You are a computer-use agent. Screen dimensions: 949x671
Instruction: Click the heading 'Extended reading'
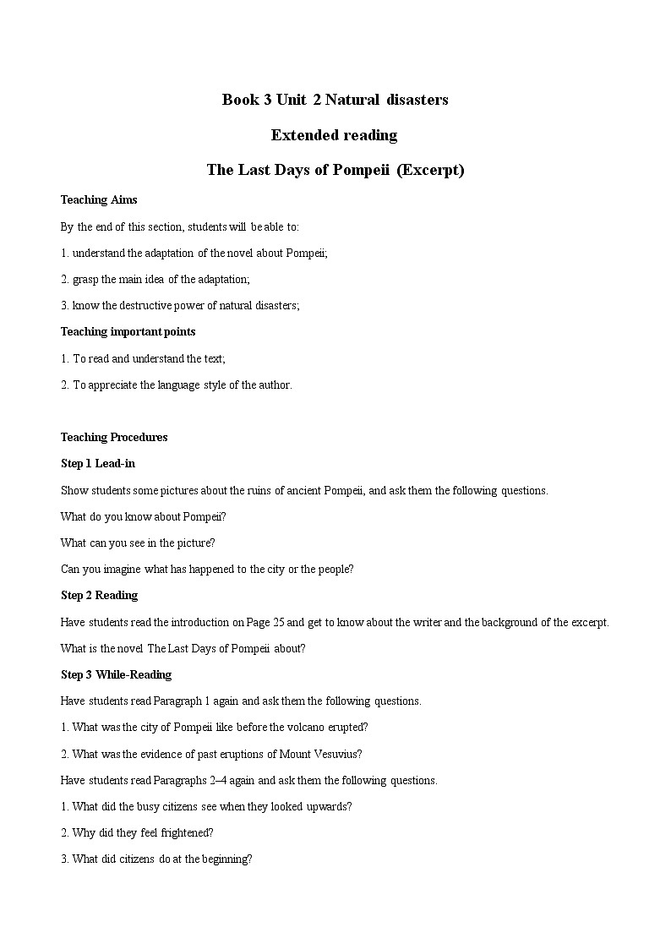[334, 135]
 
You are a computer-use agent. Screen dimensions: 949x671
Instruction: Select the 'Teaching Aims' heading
[99, 200]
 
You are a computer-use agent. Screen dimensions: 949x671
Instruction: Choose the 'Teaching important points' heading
[128, 332]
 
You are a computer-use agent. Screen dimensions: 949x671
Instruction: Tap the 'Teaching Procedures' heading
[114, 438]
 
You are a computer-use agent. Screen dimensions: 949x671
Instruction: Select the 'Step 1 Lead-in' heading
[98, 464]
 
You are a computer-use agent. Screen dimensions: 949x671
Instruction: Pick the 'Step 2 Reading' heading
[99, 596]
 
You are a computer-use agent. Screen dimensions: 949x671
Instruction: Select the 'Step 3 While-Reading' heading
[116, 674]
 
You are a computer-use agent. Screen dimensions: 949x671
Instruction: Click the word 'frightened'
[186, 832]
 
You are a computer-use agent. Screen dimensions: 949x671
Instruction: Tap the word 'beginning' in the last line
[226, 859]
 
